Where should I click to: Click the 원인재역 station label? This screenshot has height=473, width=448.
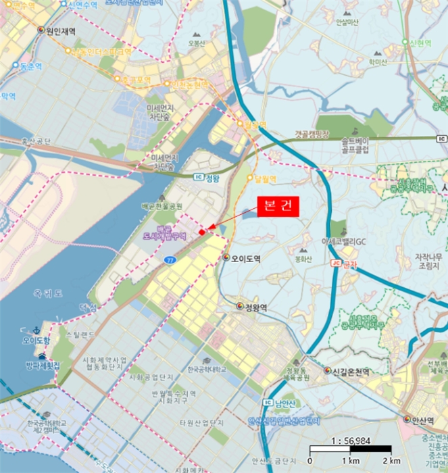point(60,31)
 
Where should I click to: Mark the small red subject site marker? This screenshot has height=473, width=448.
point(202,233)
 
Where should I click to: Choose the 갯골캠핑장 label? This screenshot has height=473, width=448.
point(312,134)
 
